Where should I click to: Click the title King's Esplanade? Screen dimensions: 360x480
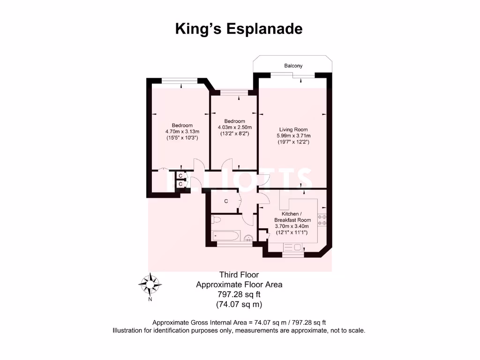239,29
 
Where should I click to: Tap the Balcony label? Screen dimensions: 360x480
293,66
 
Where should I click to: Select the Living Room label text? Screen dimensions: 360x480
293,130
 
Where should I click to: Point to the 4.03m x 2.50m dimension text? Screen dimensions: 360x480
234,127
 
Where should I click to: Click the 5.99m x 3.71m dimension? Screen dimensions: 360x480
293,136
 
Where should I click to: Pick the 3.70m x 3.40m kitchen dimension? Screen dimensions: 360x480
292,226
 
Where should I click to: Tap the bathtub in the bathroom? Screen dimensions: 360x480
226,236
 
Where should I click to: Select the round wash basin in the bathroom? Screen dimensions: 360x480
249,238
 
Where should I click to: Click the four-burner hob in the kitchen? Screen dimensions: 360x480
322,219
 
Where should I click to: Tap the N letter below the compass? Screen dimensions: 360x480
150,299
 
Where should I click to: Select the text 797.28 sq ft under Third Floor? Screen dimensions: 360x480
239,294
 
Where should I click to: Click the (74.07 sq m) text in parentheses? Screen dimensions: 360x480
239,304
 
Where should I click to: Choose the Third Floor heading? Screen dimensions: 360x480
239,275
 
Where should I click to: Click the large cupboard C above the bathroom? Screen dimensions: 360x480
226,202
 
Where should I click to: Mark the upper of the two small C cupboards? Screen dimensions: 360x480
180,176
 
